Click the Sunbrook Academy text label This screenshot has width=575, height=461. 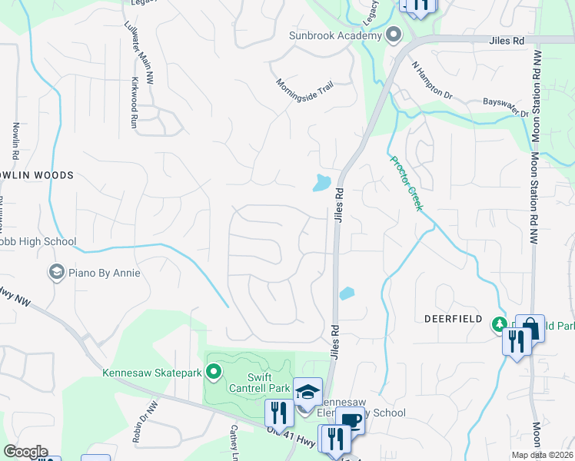(x=334, y=35)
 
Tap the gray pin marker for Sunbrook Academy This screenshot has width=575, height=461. (x=394, y=35)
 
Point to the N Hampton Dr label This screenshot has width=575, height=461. (x=432, y=80)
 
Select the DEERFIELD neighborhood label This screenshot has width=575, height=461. (x=454, y=318)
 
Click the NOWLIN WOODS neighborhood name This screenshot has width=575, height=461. (x=38, y=175)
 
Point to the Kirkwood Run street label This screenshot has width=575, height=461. (x=135, y=101)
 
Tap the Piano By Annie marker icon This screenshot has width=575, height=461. (x=56, y=271)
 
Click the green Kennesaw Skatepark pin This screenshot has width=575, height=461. (x=214, y=373)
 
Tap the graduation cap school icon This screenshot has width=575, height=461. (x=307, y=391)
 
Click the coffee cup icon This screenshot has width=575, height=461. (x=351, y=420)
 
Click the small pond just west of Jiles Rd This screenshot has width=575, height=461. (x=322, y=183)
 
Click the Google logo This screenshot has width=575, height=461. (x=25, y=452)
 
